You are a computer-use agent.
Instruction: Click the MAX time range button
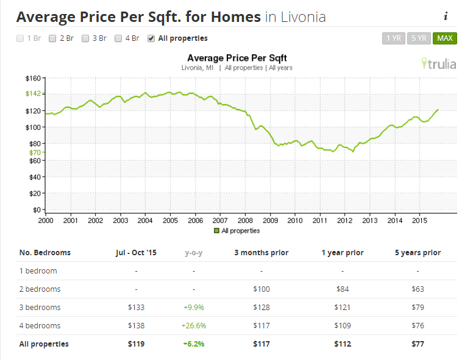click(444, 38)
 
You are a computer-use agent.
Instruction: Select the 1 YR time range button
click(393, 38)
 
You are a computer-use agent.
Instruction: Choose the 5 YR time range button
click(419, 38)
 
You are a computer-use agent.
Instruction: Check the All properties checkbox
click(151, 38)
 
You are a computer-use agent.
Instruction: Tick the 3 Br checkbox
click(85, 38)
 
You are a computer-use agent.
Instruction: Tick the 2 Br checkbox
click(52, 38)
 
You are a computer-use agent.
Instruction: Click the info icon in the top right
click(446, 16)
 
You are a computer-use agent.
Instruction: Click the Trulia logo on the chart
click(438, 63)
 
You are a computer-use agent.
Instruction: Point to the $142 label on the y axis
click(32, 94)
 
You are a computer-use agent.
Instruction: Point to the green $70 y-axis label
click(34, 152)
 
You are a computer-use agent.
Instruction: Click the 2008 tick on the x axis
click(245, 219)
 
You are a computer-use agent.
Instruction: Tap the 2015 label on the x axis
click(419, 219)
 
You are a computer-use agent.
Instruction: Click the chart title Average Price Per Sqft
click(237, 58)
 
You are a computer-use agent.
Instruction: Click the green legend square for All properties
click(216, 231)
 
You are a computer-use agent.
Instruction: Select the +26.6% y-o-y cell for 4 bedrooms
click(194, 326)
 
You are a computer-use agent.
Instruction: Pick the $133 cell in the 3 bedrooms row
click(136, 308)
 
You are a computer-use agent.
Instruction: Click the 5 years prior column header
click(418, 253)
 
